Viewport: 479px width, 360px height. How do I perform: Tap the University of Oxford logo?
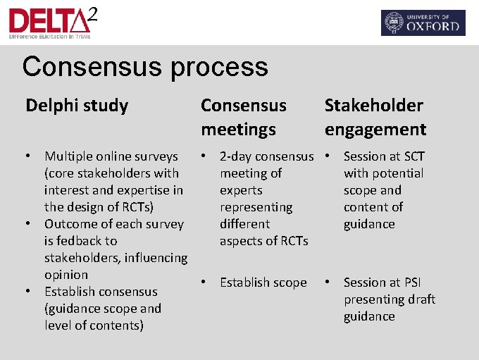click(423, 23)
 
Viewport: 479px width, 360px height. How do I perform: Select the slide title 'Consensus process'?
click(145, 67)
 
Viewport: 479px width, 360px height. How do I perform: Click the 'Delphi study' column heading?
click(77, 106)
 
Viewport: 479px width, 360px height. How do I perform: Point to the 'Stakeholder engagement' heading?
click(375, 117)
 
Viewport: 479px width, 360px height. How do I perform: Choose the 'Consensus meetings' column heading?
click(244, 117)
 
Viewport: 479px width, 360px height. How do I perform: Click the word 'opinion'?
click(66, 275)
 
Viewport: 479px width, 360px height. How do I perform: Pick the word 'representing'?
click(256, 207)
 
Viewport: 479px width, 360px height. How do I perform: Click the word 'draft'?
click(421, 299)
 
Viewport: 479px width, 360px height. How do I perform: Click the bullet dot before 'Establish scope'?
click(204, 283)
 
